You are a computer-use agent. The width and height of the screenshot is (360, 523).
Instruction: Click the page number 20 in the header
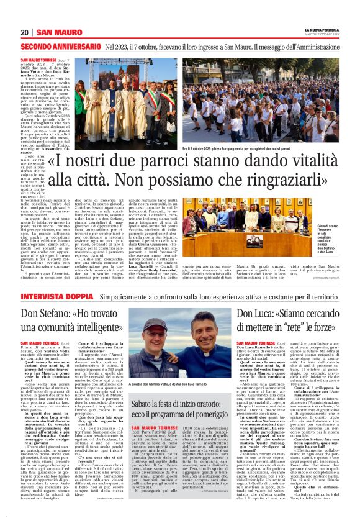[x=24, y=32]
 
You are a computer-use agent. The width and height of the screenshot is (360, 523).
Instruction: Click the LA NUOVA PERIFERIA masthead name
[x=320, y=29]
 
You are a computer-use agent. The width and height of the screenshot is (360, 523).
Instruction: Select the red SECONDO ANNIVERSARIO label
[x=60, y=47]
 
